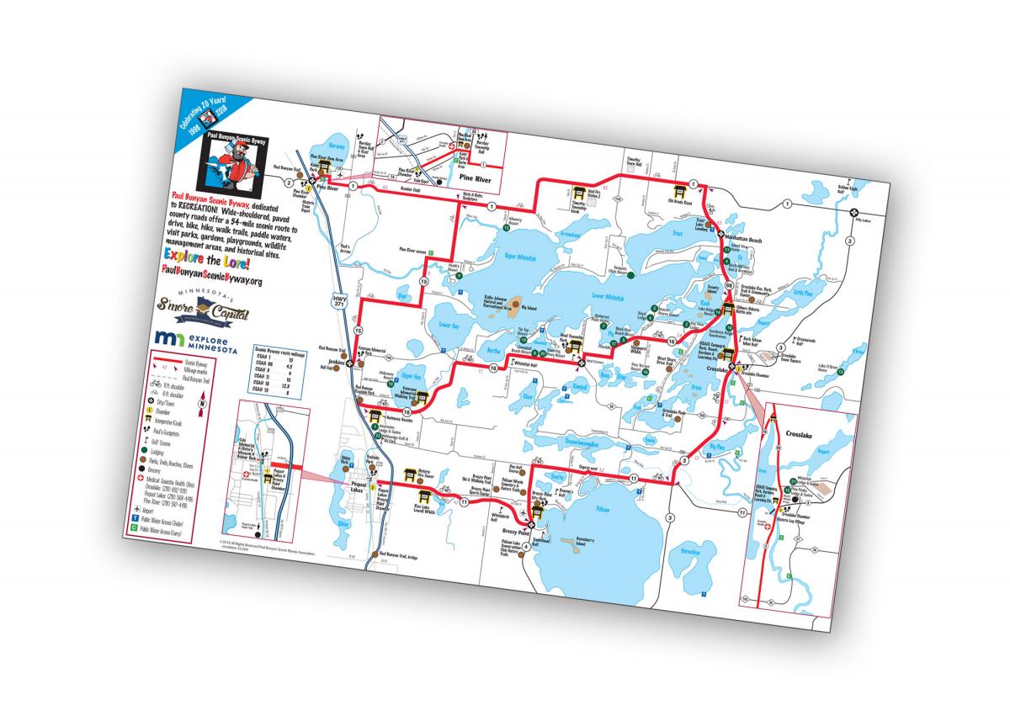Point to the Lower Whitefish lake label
[x=609, y=296]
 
